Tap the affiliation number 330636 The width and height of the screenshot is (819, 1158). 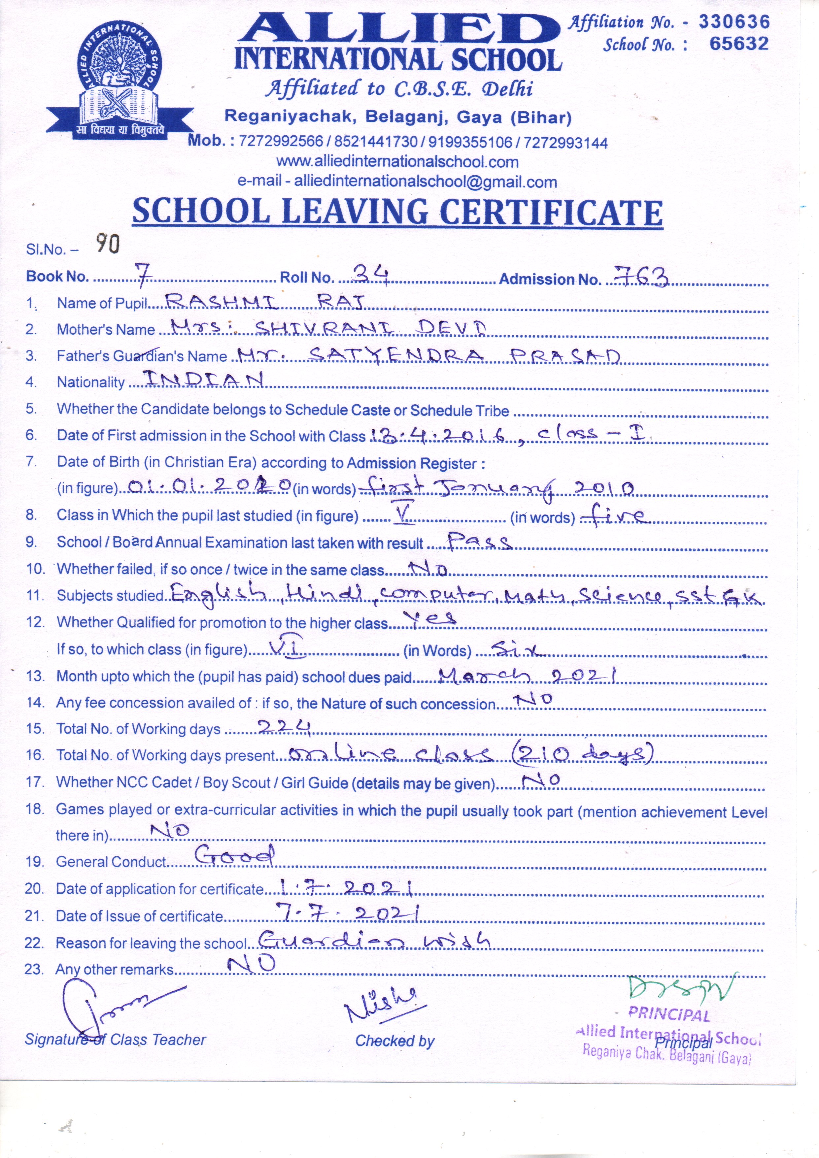tap(734, 22)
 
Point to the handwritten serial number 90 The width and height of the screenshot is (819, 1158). tap(108, 244)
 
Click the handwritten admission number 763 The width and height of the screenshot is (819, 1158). tap(640, 277)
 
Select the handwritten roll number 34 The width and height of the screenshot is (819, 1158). tap(371, 275)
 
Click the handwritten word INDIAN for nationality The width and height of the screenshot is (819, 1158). tap(203, 379)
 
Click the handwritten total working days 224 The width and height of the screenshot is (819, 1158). tap(284, 727)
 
